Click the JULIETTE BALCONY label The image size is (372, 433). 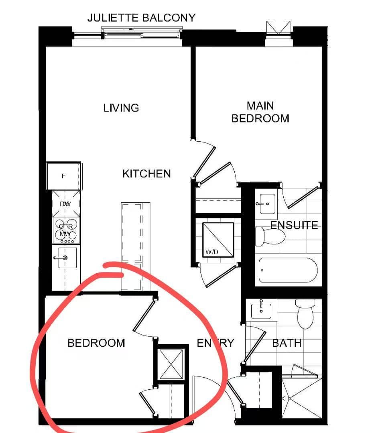click(142, 18)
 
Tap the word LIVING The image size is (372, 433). click(121, 108)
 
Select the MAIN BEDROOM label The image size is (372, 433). click(260, 112)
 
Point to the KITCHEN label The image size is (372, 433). click(146, 174)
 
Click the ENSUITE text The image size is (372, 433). click(294, 225)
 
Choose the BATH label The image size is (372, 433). click(287, 343)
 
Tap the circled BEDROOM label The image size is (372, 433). click(96, 343)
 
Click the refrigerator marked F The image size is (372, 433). click(64, 176)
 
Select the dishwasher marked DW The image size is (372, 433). click(65, 204)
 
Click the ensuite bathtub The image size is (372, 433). click(288, 270)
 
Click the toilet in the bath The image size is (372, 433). click(305, 313)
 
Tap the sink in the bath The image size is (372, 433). click(261, 310)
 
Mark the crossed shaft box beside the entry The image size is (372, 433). click(171, 364)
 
